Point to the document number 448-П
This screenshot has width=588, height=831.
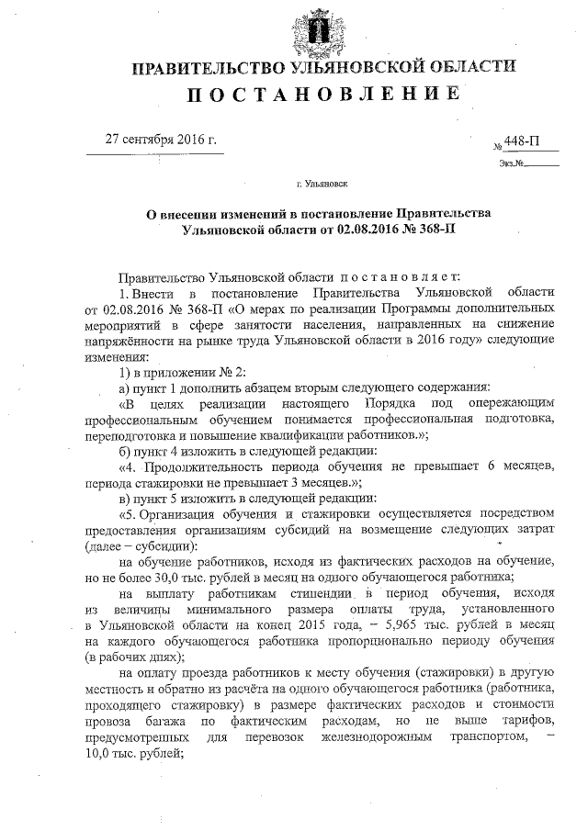point(521,142)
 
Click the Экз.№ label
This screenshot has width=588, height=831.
point(512,164)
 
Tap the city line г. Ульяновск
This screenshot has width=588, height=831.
point(322,184)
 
